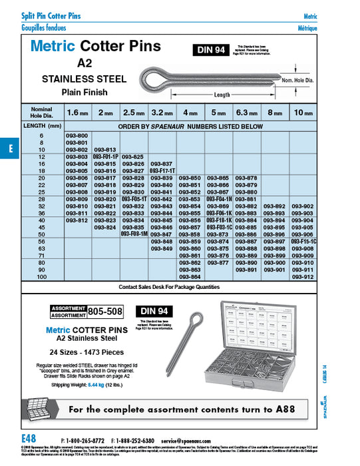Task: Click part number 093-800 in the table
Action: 78,135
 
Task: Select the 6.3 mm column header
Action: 246,113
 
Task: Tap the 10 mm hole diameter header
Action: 303,113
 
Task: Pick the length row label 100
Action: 42,276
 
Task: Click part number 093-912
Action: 303,276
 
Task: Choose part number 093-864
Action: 190,276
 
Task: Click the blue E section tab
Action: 10,148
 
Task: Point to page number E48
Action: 29,440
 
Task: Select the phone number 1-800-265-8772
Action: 86,441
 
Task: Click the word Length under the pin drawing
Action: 222,95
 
